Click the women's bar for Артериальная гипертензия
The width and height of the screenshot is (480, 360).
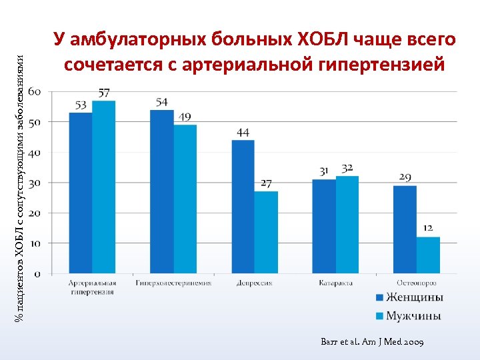(x=81, y=193)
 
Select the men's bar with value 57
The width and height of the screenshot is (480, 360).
(x=104, y=187)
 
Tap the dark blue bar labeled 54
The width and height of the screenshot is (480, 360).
(x=162, y=191)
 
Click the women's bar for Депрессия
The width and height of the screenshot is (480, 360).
(x=243, y=207)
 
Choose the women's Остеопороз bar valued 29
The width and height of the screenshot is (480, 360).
(x=405, y=229)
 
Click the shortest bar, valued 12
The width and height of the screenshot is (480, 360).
(x=428, y=255)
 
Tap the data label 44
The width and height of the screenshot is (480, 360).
(x=243, y=133)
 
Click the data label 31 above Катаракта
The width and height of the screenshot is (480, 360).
(x=324, y=172)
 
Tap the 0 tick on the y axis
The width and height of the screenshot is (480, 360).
(x=36, y=274)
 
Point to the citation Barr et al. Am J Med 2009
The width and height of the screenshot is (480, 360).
(x=372, y=342)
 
